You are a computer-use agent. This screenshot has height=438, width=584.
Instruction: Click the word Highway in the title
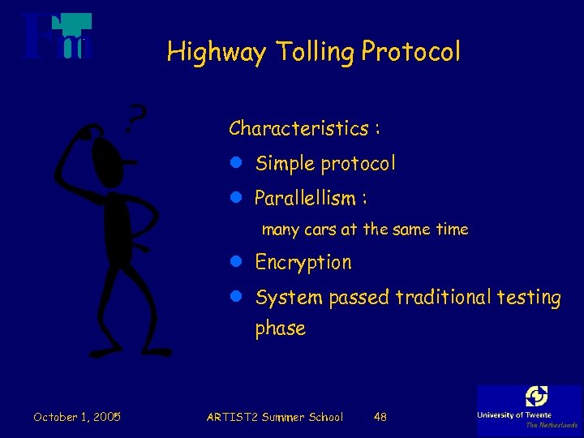coord(216,53)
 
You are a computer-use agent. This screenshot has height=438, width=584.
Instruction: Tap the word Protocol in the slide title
coord(411,53)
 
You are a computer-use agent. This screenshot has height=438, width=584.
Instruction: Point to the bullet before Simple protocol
coord(236,163)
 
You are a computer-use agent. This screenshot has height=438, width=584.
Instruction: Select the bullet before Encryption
coord(236,262)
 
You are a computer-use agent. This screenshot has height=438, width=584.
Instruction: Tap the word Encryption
coord(303,263)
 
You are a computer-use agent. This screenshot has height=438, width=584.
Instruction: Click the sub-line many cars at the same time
coord(365,230)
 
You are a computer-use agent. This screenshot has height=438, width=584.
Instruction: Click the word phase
coord(281,328)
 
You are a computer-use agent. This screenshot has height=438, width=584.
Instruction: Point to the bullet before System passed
coord(236,297)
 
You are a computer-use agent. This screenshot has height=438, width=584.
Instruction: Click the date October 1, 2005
coord(77,417)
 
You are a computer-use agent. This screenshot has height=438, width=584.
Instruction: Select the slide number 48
coord(380,417)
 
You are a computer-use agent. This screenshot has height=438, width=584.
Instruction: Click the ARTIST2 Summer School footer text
coord(275,417)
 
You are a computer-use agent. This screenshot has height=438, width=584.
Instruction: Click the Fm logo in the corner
coord(57,37)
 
